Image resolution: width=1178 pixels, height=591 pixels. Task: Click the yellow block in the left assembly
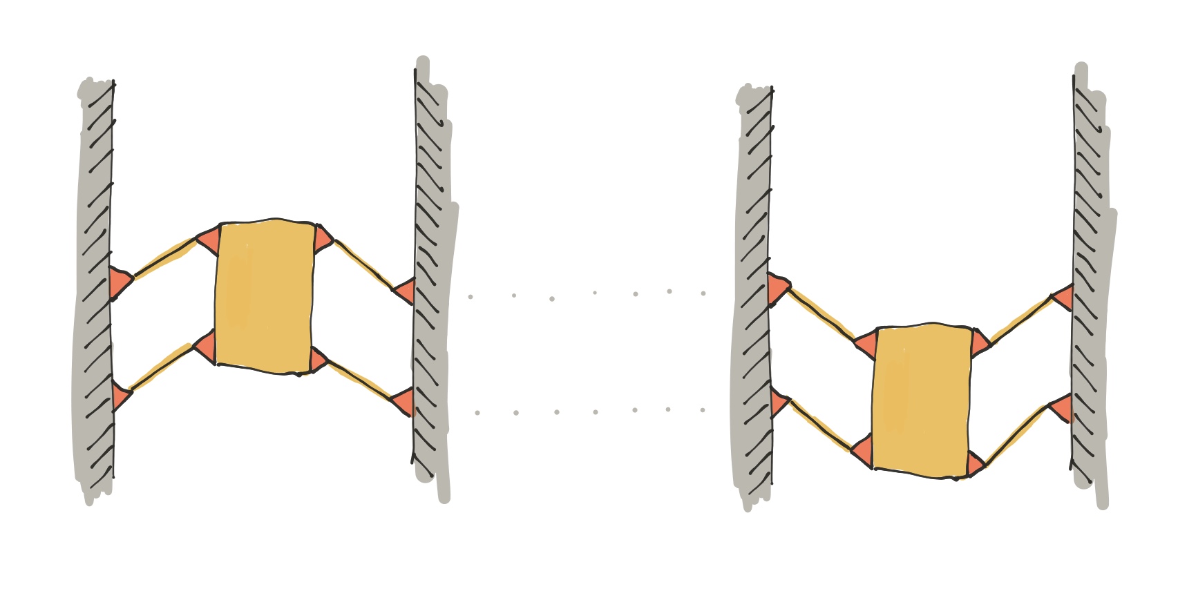pyautogui.click(x=264, y=297)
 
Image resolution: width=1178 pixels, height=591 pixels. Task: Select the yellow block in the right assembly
pyautogui.click(x=922, y=401)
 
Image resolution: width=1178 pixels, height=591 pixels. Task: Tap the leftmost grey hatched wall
pyautogui.click(x=95, y=290)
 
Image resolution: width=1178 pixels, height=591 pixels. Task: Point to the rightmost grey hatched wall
pyautogui.click(x=1090, y=290)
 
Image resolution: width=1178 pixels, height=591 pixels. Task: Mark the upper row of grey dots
pyautogui.click(x=587, y=295)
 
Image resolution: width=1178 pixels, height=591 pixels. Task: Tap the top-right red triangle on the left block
pyautogui.click(x=323, y=239)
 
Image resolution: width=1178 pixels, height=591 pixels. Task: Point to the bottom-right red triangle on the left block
pyautogui.click(x=317, y=360)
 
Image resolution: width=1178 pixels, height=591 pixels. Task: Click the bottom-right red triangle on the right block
pyautogui.click(x=975, y=463)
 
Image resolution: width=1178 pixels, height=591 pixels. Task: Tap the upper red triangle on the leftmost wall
pyautogui.click(x=119, y=282)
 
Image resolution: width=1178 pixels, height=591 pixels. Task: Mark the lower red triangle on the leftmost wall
pyautogui.click(x=120, y=396)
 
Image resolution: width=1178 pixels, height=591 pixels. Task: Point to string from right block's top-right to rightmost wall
pyautogui.click(x=1021, y=319)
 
